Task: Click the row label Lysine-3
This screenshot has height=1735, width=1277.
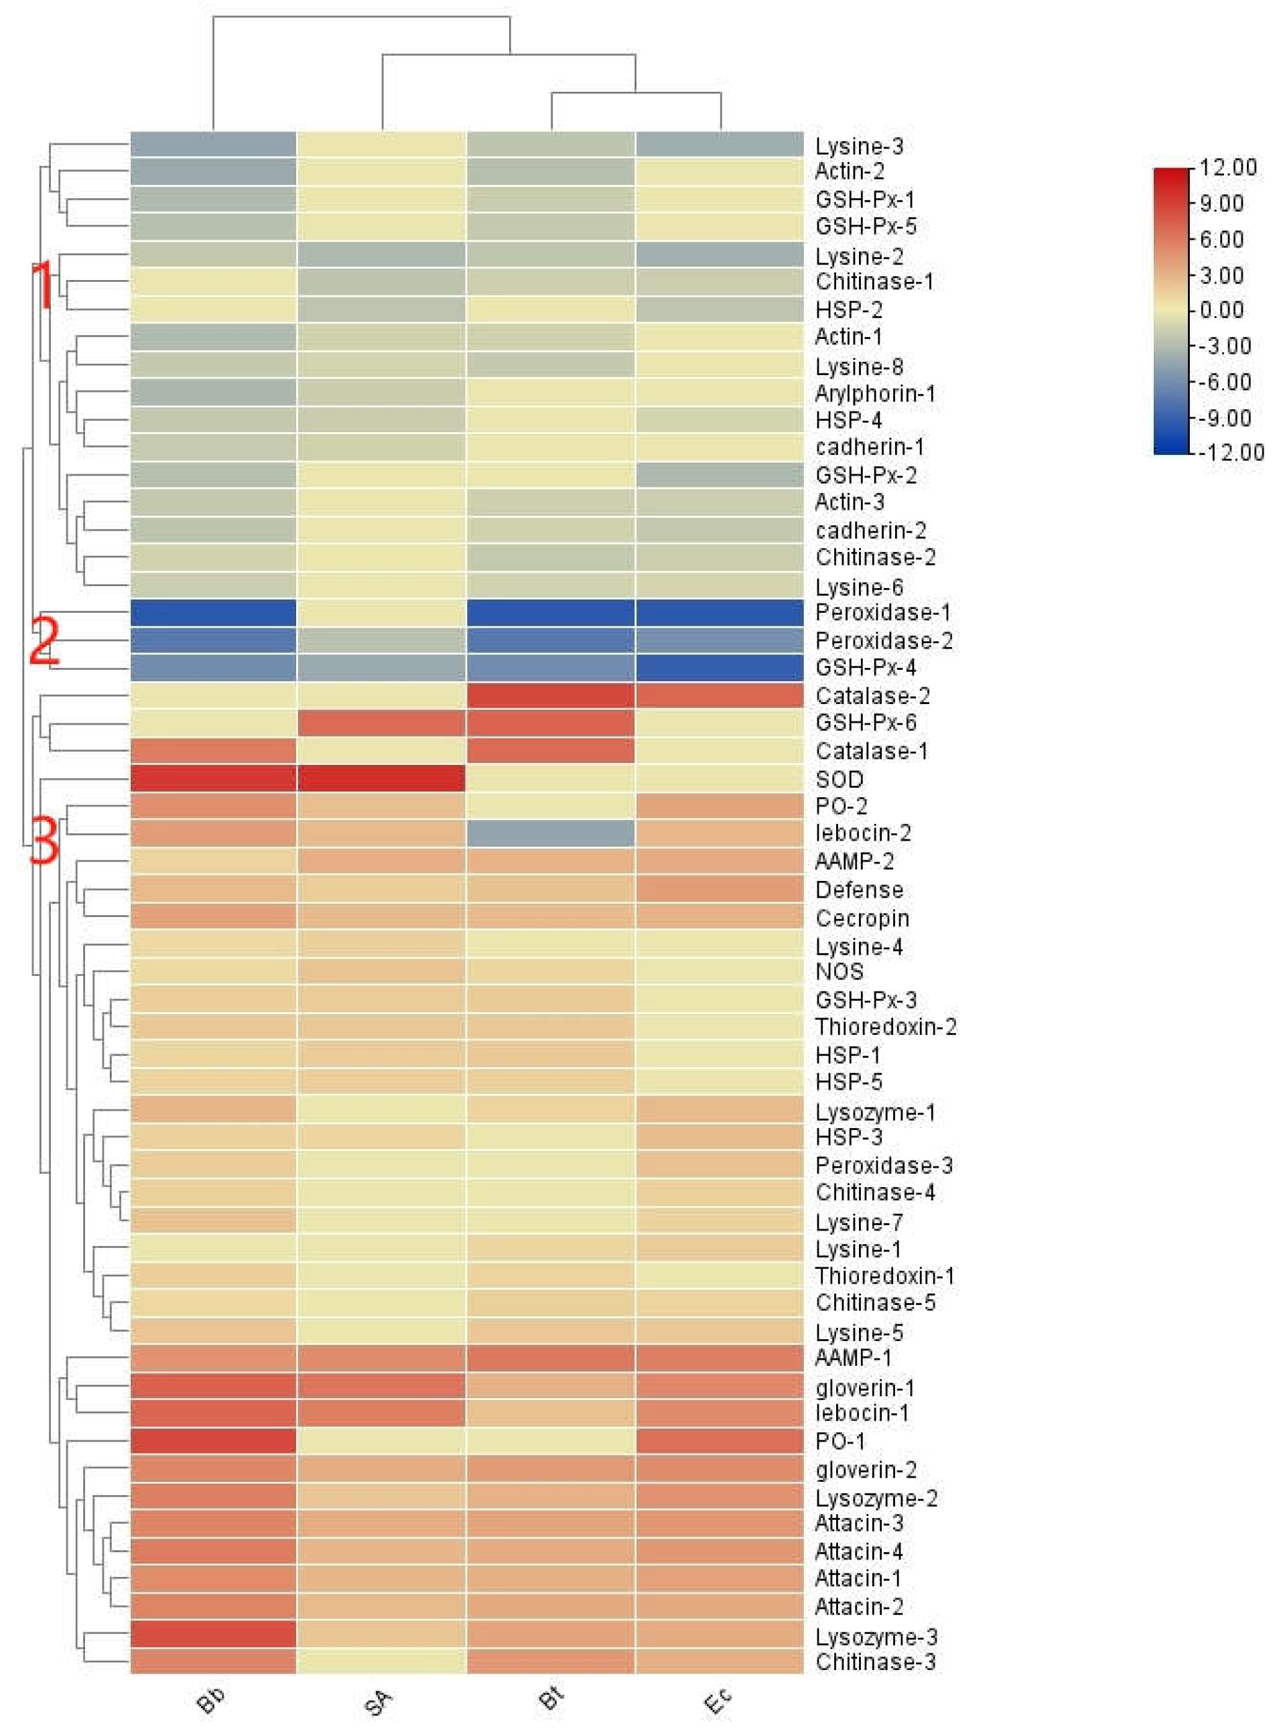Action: pyautogui.click(x=859, y=146)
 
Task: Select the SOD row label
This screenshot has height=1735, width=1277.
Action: pyautogui.click(x=839, y=779)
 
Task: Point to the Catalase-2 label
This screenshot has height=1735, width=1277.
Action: pyautogui.click(x=872, y=695)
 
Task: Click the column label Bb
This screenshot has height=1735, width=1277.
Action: pyautogui.click(x=210, y=1700)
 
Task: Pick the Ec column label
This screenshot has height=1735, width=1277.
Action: pyautogui.click(x=718, y=1700)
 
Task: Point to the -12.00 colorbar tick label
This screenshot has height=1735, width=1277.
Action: pyautogui.click(x=1231, y=452)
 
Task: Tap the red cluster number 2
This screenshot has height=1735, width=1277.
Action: pyautogui.click(x=44, y=640)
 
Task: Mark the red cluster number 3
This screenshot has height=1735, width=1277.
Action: pyautogui.click(x=44, y=841)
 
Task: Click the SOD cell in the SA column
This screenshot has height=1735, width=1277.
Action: pyautogui.click(x=381, y=778)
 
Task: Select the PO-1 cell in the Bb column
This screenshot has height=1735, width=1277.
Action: pyautogui.click(x=213, y=1440)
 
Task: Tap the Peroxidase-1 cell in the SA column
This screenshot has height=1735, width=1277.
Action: pyautogui.click(x=381, y=612)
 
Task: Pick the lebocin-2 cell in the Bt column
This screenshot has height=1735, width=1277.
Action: pyautogui.click(x=550, y=833)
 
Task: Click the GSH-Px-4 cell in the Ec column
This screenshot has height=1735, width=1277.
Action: pyautogui.click(x=720, y=667)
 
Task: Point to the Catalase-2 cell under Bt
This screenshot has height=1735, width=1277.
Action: pyautogui.click(x=550, y=695)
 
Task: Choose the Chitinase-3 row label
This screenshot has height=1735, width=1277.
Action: pyautogui.click(x=875, y=1661)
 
